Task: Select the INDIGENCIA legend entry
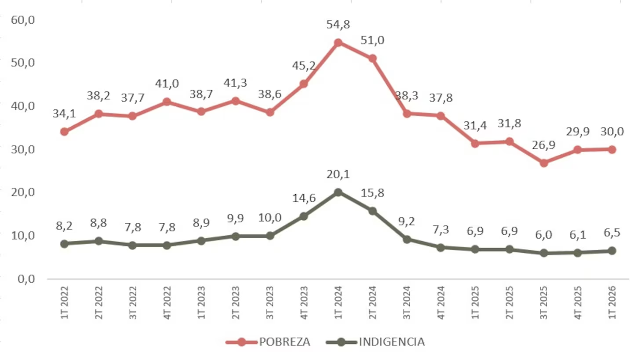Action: click(375, 342)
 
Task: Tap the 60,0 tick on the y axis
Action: click(22, 20)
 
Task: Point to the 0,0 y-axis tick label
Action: click(26, 279)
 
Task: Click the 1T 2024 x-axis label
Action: click(338, 302)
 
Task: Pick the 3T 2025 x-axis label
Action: click(544, 302)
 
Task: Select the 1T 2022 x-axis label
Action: click(65, 302)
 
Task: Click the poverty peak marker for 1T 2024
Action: click(338, 43)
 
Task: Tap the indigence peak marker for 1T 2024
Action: click(338, 193)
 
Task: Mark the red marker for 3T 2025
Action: click(544, 163)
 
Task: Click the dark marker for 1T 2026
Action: click(612, 251)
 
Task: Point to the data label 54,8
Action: click(338, 25)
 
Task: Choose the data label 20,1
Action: click(338, 175)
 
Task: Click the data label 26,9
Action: click(544, 145)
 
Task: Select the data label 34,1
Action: click(65, 113)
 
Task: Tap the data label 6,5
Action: click(612, 233)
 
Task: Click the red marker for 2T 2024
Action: click(372, 59)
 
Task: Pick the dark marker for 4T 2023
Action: click(304, 216)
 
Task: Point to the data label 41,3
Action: click(236, 83)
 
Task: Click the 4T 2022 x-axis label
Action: click(167, 302)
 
